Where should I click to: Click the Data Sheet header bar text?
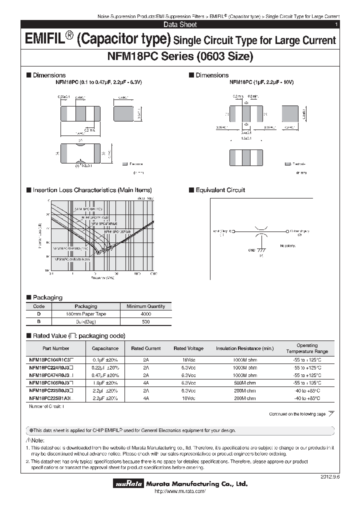click(x=180, y=24)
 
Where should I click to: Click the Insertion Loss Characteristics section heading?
click(x=92, y=190)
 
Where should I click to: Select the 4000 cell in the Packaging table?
click(x=145, y=314)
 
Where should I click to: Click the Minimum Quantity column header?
click(x=145, y=306)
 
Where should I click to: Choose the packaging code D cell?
click(x=38, y=314)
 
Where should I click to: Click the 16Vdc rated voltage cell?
click(x=188, y=359)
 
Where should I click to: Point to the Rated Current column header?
click(x=145, y=348)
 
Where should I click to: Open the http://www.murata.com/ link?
click(x=178, y=492)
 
